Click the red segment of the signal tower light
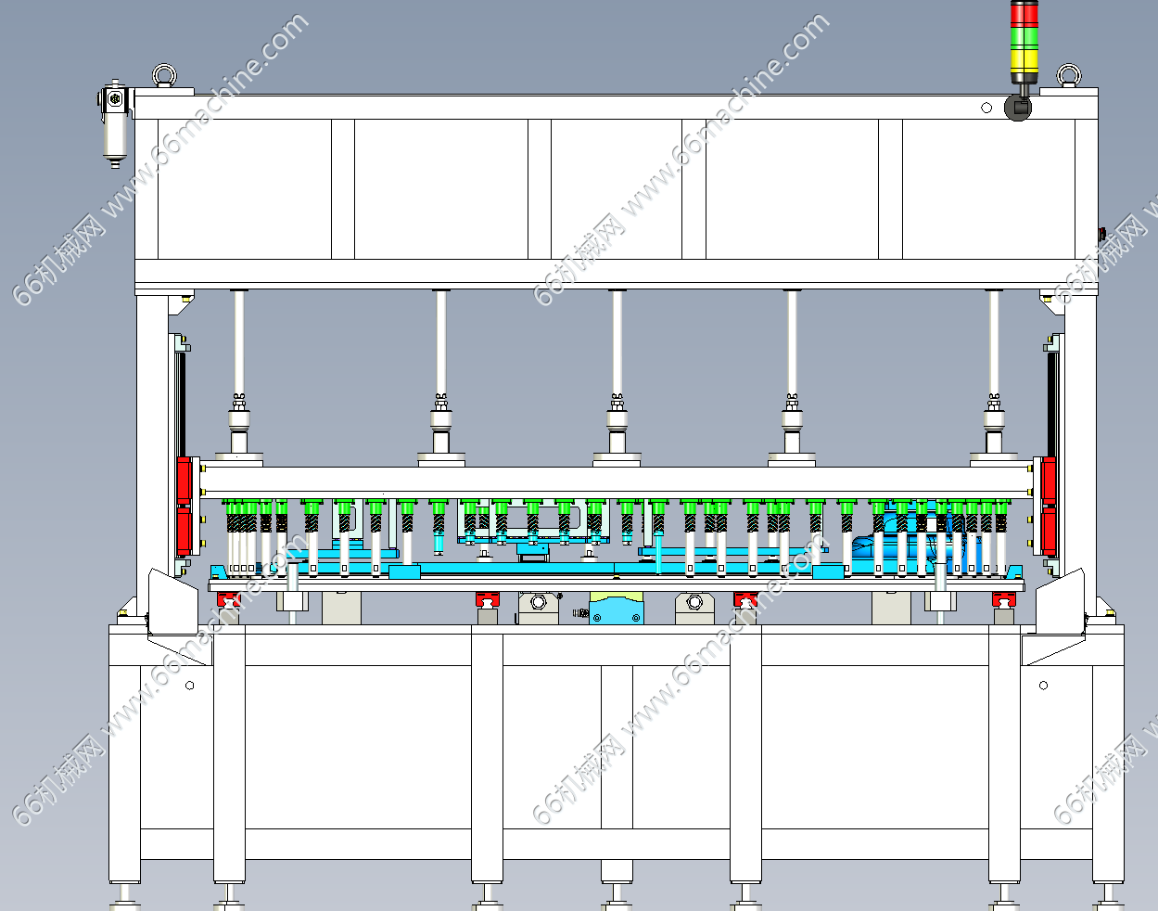click(1024, 15)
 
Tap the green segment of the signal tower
click(1024, 38)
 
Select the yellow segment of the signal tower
click(1024, 60)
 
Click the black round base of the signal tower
click(1018, 108)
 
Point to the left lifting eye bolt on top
click(164, 75)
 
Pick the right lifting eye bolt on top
click(1069, 75)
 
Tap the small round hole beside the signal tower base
click(986, 108)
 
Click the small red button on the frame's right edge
click(1101, 234)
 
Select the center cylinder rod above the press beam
click(617, 344)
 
